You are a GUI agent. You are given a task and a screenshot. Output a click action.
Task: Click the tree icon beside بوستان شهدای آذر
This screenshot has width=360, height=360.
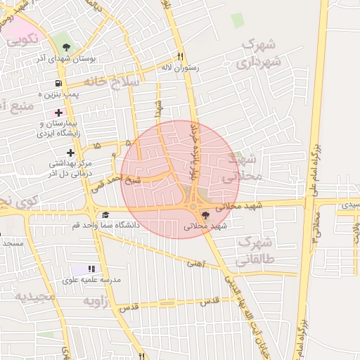click(x=65, y=47)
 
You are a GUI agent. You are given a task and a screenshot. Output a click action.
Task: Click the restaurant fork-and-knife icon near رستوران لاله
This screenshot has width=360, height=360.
click(x=181, y=56)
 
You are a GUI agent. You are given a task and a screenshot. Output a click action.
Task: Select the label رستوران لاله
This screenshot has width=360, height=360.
click(x=181, y=67)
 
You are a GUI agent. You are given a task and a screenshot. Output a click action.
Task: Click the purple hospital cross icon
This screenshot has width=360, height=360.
click(x=58, y=112)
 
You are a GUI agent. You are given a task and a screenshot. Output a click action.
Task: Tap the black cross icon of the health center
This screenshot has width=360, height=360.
click(x=70, y=152)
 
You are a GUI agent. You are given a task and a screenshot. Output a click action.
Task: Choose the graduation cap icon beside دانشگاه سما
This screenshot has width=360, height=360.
click(x=105, y=215)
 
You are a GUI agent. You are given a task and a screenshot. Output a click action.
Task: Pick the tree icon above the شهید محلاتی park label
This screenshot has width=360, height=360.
click(x=205, y=215)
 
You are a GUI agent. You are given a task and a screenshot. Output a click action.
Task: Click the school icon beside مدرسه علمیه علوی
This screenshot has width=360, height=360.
click(x=91, y=269)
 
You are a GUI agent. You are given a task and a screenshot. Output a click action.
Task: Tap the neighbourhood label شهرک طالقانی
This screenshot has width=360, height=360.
click(x=259, y=250)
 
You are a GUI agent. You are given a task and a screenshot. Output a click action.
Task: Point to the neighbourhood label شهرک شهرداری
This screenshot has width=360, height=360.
click(x=261, y=53)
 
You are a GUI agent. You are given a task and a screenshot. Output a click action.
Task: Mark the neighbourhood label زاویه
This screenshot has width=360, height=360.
click(x=98, y=301)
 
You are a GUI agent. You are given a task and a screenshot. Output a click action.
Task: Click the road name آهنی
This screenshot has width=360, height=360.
click(x=193, y=264)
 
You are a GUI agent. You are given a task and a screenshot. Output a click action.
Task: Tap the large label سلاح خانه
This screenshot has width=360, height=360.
click(x=112, y=82)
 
